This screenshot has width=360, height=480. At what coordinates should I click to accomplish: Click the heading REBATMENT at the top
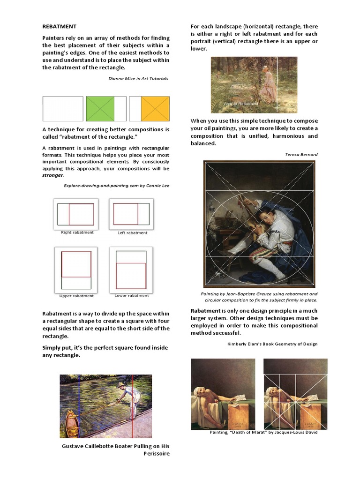[x=59, y=27]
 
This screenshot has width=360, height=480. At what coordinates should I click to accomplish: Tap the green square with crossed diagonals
[x=100, y=109]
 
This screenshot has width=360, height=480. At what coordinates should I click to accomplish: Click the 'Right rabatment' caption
[x=77, y=232]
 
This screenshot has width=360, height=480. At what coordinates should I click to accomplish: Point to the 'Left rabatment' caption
[x=132, y=232]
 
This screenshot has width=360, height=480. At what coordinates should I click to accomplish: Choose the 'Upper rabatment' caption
[x=76, y=296]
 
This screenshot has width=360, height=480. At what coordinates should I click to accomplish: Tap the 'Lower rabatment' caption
[x=132, y=296]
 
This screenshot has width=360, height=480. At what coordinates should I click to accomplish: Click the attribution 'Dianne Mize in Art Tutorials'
[x=138, y=79]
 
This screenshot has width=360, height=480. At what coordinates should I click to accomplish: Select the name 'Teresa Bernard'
[x=301, y=154]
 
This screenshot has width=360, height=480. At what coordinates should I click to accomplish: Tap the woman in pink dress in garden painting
[x=268, y=84]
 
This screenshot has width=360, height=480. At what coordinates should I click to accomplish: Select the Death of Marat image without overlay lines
[x=223, y=394]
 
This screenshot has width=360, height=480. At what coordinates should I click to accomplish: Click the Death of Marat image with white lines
[x=295, y=394]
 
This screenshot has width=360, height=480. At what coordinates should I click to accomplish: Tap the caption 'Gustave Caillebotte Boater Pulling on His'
[x=115, y=446]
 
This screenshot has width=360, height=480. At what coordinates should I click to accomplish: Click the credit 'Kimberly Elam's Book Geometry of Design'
[x=272, y=344]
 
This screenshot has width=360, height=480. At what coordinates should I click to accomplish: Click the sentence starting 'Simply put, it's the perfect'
[x=105, y=348]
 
